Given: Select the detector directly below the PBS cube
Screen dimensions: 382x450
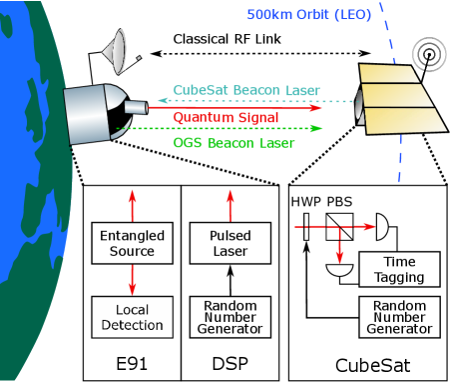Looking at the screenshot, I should [x=340, y=269].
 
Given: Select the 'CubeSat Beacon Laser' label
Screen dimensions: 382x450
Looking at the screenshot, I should [x=246, y=90].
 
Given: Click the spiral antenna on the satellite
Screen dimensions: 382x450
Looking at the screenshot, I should [x=427, y=52].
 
